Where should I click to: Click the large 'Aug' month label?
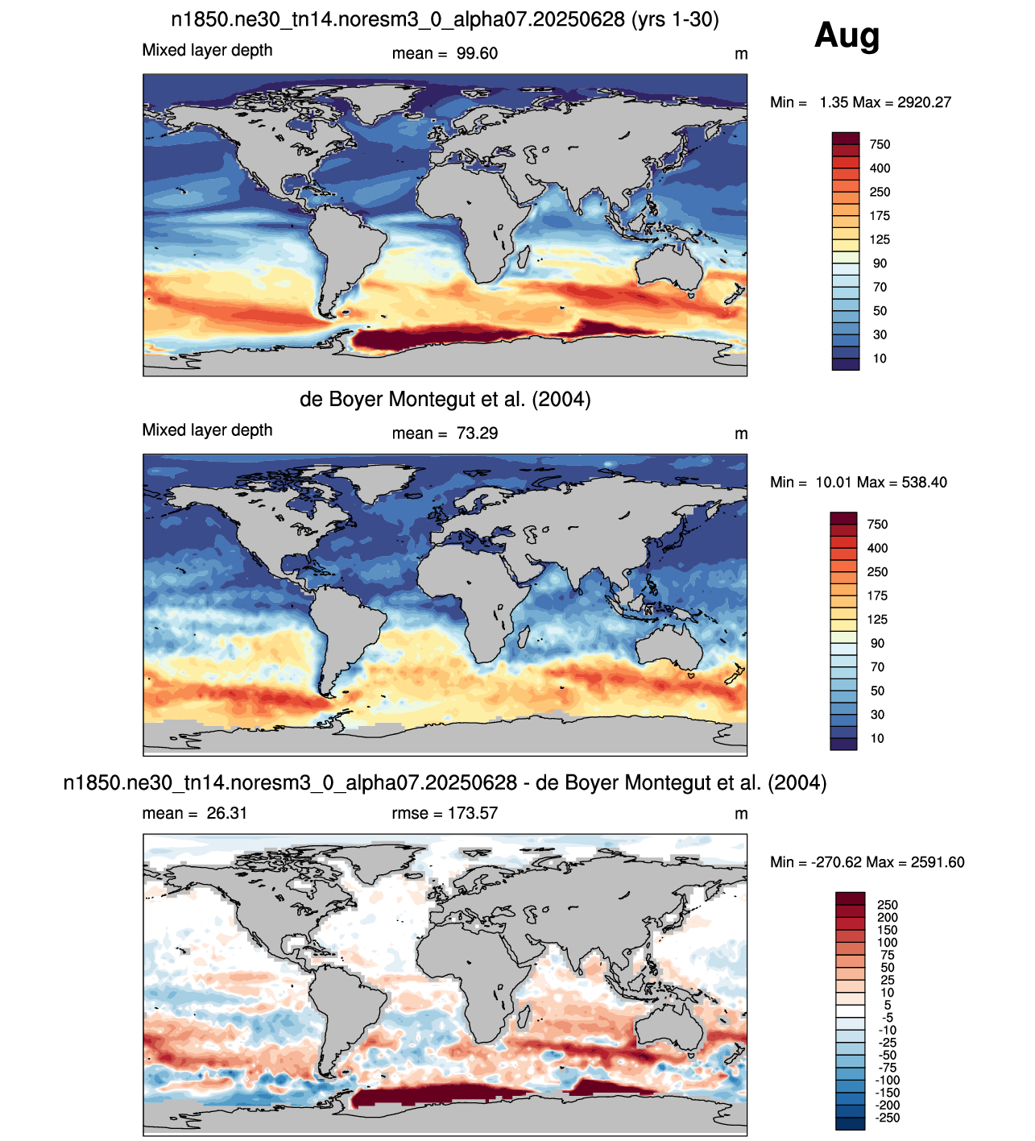pos(847,36)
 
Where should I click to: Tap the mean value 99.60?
pos(477,53)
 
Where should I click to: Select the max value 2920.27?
pos(924,102)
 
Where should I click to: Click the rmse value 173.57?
pos(473,813)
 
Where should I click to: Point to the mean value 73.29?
pos(477,434)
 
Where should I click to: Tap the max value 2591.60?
pos(938,862)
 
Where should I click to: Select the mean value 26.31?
pos(227,813)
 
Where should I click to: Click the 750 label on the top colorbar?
pos(880,144)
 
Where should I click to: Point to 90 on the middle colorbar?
pos(877,643)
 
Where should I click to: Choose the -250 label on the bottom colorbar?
pos(887,1118)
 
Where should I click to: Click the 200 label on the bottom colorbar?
pos(887,918)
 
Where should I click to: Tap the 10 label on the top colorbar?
pos(880,359)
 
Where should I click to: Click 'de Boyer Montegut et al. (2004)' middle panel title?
pos(445,400)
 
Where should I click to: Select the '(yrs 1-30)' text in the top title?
pos(675,19)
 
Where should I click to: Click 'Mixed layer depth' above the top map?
pos(207,50)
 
